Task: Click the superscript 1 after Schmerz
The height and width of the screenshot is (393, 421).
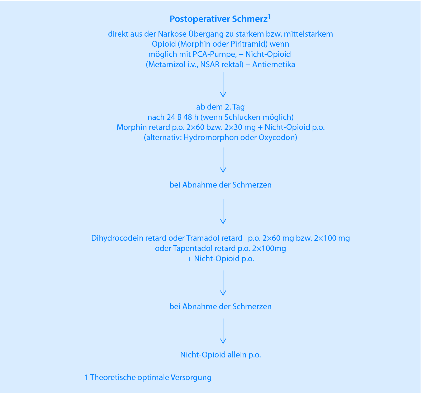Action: point(269,17)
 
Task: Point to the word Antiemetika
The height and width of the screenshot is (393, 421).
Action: point(274,65)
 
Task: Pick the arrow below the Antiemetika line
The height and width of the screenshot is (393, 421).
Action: point(223,85)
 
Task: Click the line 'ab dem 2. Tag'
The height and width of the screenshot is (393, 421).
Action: point(220,107)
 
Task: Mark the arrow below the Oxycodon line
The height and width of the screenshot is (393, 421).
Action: point(223,160)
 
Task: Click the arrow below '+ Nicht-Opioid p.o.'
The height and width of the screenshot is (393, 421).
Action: point(223,283)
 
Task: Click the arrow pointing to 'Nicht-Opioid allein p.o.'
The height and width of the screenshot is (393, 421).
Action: point(223,331)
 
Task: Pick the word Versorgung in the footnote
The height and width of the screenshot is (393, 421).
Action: point(191,378)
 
